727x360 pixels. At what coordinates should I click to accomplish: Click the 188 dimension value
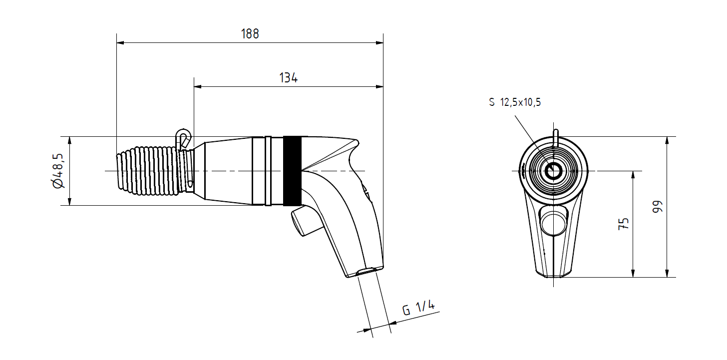point(250,34)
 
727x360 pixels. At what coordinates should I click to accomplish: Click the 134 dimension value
point(288,78)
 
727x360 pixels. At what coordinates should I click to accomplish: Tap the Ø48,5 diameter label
point(58,171)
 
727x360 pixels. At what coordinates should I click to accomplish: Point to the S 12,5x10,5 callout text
point(515,102)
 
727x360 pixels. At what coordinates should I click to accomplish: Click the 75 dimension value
point(624,224)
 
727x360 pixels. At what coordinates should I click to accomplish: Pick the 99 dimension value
point(658,207)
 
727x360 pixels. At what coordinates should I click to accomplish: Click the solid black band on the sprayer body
point(293,171)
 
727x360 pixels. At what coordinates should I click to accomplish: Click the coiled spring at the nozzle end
point(148,171)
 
